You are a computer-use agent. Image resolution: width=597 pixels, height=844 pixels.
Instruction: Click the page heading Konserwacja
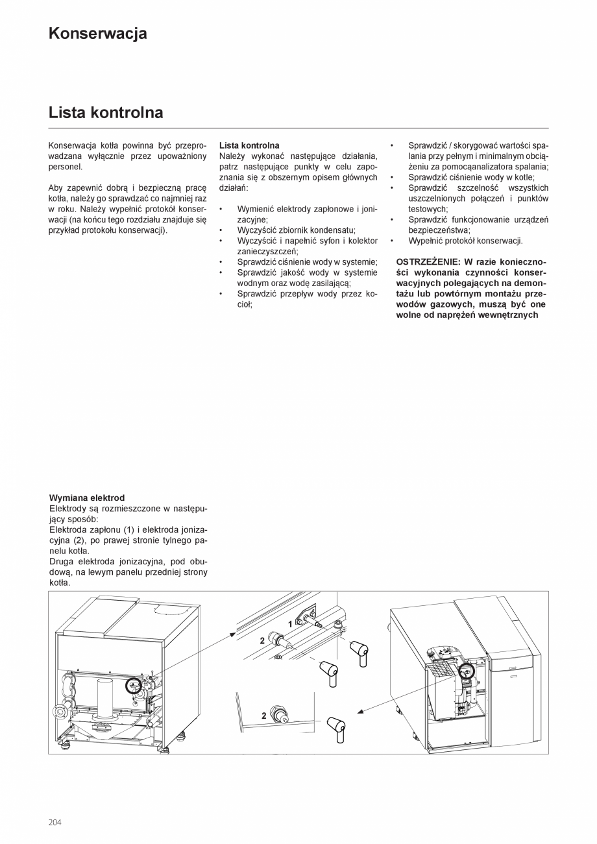(x=97, y=34)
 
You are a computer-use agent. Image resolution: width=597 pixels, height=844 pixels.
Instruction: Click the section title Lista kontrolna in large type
(x=106, y=113)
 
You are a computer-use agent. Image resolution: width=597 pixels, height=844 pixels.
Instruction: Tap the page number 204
(x=55, y=822)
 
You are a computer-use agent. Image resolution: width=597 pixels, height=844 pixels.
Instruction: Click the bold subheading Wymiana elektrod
(x=86, y=498)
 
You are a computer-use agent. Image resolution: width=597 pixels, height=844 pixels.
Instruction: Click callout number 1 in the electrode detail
(x=290, y=623)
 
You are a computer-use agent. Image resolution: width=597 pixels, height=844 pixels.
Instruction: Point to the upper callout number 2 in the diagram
(x=262, y=640)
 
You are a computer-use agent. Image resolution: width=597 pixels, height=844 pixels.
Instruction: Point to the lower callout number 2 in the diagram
(x=264, y=716)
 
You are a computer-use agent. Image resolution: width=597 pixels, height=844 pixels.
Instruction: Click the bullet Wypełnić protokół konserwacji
(x=465, y=241)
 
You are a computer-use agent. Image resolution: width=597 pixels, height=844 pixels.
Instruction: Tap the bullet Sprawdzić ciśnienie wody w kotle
(x=471, y=177)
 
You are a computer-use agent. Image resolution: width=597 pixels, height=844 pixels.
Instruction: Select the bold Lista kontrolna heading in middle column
(x=249, y=145)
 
